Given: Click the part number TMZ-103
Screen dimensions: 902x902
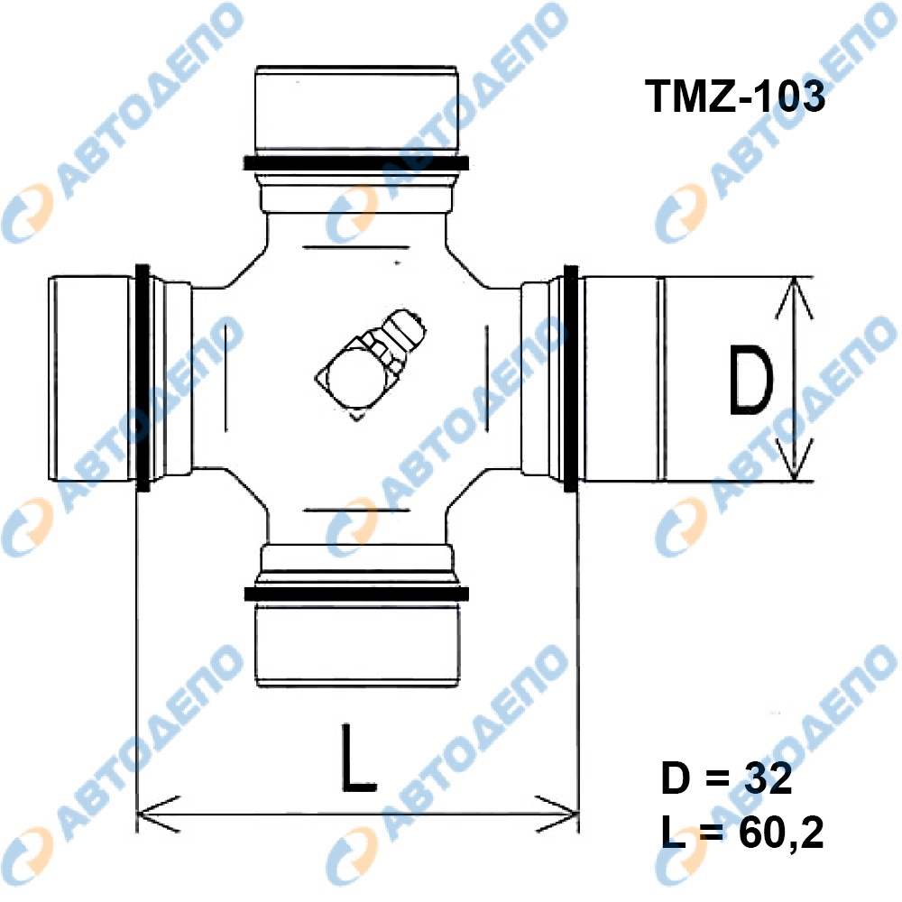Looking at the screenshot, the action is (734, 97).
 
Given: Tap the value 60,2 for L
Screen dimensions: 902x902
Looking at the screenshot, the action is (780, 833).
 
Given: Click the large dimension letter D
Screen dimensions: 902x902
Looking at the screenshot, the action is (750, 381).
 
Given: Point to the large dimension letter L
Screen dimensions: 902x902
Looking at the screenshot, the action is (358, 759).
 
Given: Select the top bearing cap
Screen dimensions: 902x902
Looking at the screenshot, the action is (356, 110).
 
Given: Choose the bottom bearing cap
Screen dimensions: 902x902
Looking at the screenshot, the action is (357, 644).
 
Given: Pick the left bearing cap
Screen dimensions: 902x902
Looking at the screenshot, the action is (92, 379).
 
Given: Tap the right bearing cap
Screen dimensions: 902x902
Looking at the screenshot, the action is (621, 379).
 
